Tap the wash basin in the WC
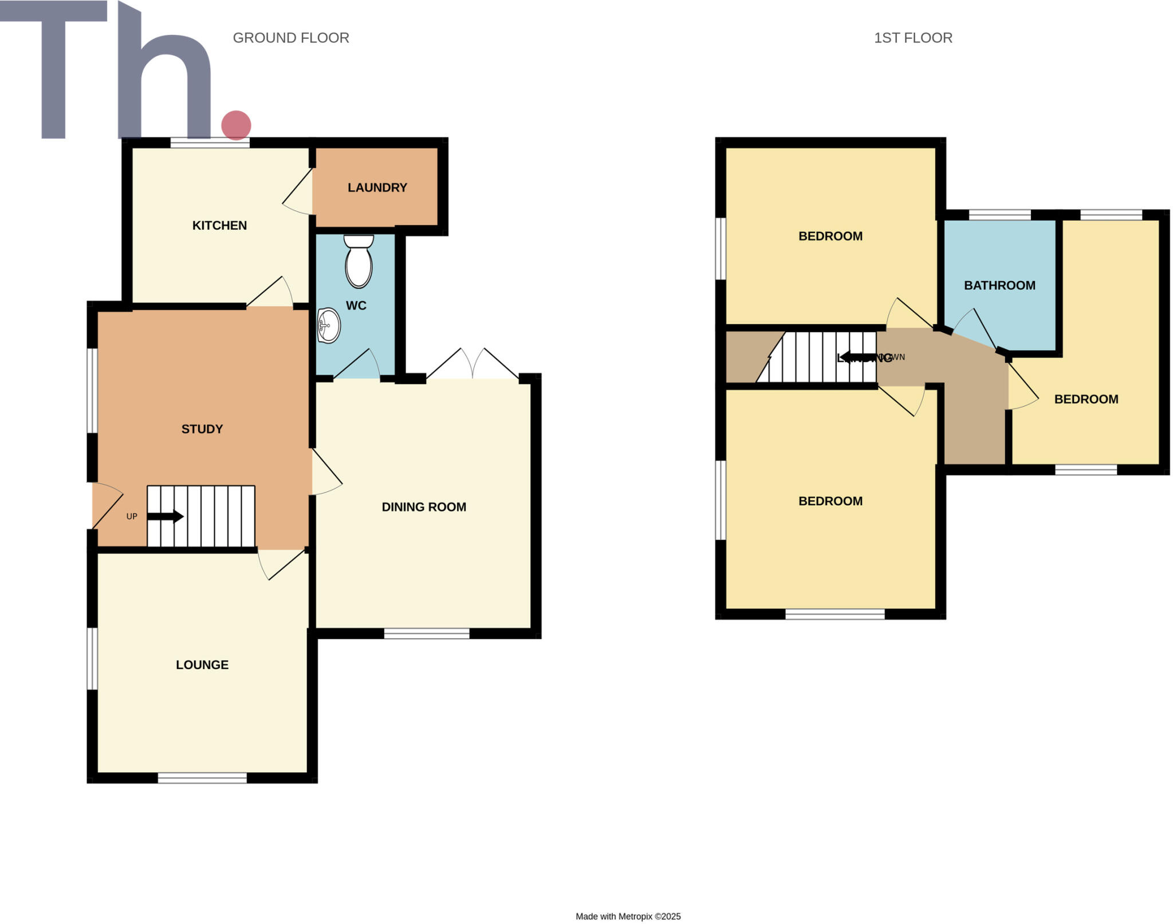[329, 325]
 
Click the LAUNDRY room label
[377, 187]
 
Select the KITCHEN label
[219, 225]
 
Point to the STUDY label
[202, 428]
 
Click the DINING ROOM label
[424, 506]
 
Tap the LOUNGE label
[202, 665]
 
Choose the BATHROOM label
[999, 285]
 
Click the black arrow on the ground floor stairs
[166, 516]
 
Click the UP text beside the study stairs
[132, 516]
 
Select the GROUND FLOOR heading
[290, 38]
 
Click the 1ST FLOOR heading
[913, 38]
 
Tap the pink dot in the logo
[236, 125]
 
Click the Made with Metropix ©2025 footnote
[628, 916]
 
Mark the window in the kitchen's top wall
[210, 143]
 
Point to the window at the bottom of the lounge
[202, 777]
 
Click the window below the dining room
[427, 633]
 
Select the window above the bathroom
[999, 215]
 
